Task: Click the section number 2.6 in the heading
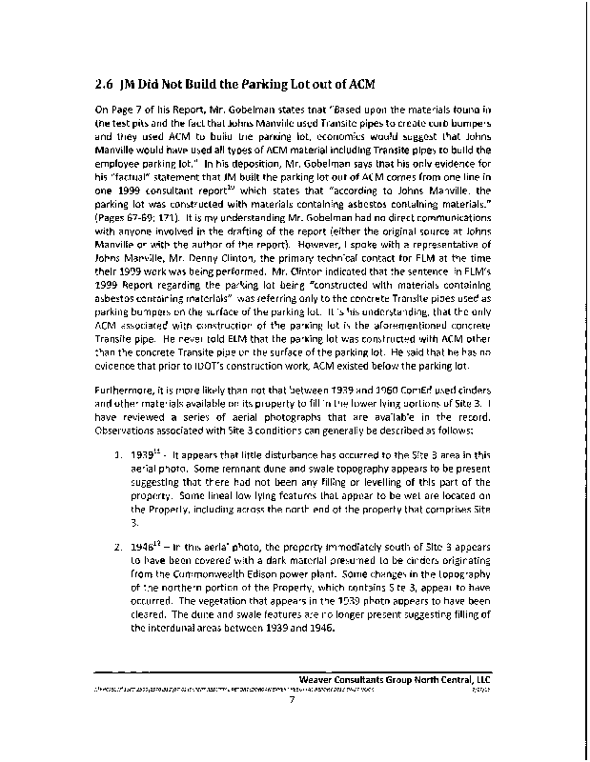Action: tap(106, 82)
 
